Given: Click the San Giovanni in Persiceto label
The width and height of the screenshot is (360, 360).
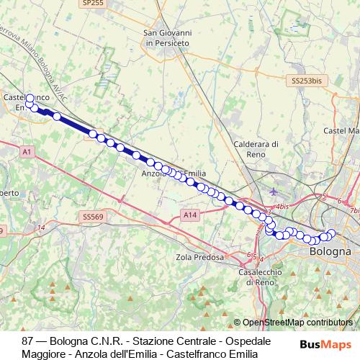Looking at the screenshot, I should [x=166, y=37].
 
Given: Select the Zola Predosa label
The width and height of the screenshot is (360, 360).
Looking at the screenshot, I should [x=197, y=256].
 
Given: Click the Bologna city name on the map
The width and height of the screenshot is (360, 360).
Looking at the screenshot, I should [x=330, y=252].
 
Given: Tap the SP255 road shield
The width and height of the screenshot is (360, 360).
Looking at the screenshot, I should [x=92, y=4].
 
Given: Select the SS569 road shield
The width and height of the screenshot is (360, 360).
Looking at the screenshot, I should [x=94, y=216].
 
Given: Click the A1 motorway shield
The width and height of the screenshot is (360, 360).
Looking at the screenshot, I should [x=27, y=152].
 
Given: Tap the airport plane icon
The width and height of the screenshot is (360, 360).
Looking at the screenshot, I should [x=273, y=192].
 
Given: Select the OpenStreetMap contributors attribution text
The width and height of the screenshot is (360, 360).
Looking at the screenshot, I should [x=297, y=323].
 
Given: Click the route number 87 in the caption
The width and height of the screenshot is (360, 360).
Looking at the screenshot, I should [x=28, y=341].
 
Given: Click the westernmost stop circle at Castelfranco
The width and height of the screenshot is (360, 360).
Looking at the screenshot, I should [x=30, y=99].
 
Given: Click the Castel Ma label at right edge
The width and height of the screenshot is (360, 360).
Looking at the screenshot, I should [x=341, y=131].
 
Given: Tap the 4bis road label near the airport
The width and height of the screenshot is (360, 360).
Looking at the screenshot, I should [x=282, y=206].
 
